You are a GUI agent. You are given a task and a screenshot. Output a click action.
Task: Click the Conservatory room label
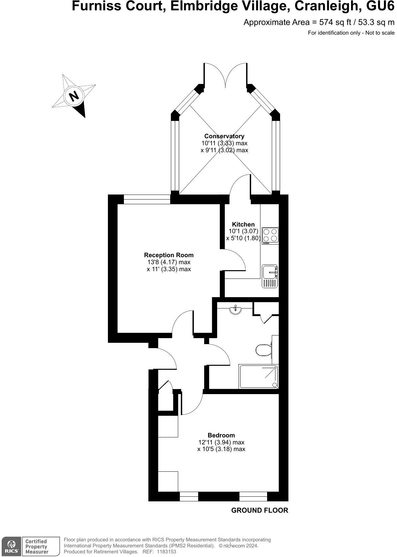(x=224, y=136)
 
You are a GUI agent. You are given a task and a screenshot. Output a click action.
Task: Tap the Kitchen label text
(x=243, y=224)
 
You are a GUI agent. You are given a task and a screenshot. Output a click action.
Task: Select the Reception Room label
(x=169, y=255)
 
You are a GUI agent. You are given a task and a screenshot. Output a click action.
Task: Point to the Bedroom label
(x=221, y=435)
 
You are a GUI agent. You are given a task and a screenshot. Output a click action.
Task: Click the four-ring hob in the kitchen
(x=270, y=235)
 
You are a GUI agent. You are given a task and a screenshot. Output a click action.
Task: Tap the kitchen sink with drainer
(x=270, y=276)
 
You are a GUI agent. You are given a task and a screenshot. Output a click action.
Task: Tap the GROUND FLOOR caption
(x=259, y=510)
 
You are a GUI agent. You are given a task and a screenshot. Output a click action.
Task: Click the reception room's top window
(x=147, y=199)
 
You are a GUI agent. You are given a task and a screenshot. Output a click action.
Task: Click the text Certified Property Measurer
(x=37, y=546)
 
